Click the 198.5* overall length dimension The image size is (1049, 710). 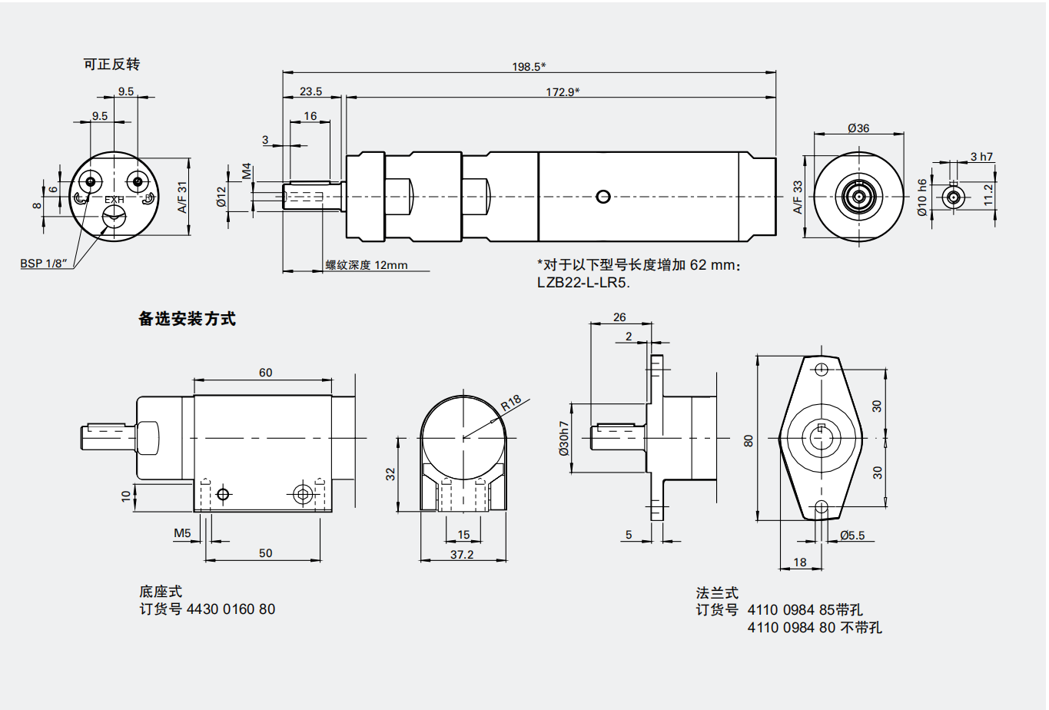tap(529, 67)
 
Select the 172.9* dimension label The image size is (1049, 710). tap(563, 92)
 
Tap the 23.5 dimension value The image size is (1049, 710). tap(310, 91)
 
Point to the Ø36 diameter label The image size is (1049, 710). tap(858, 128)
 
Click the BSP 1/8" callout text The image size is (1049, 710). tap(44, 264)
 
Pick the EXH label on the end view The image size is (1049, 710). tap(115, 200)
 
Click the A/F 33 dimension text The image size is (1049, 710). tap(798, 197)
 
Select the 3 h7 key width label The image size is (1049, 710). tap(981, 157)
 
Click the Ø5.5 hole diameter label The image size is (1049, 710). tap(851, 536)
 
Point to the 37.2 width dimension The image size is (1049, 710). tap(462, 554)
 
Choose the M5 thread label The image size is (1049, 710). tap(182, 532)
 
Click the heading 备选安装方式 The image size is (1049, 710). tap(187, 319)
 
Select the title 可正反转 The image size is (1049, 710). tap(111, 65)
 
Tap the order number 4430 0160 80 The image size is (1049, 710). tap(231, 609)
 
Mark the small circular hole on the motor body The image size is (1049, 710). tap(603, 197)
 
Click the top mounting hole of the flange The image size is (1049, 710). tap(821, 368)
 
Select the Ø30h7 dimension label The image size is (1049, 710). tap(565, 438)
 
